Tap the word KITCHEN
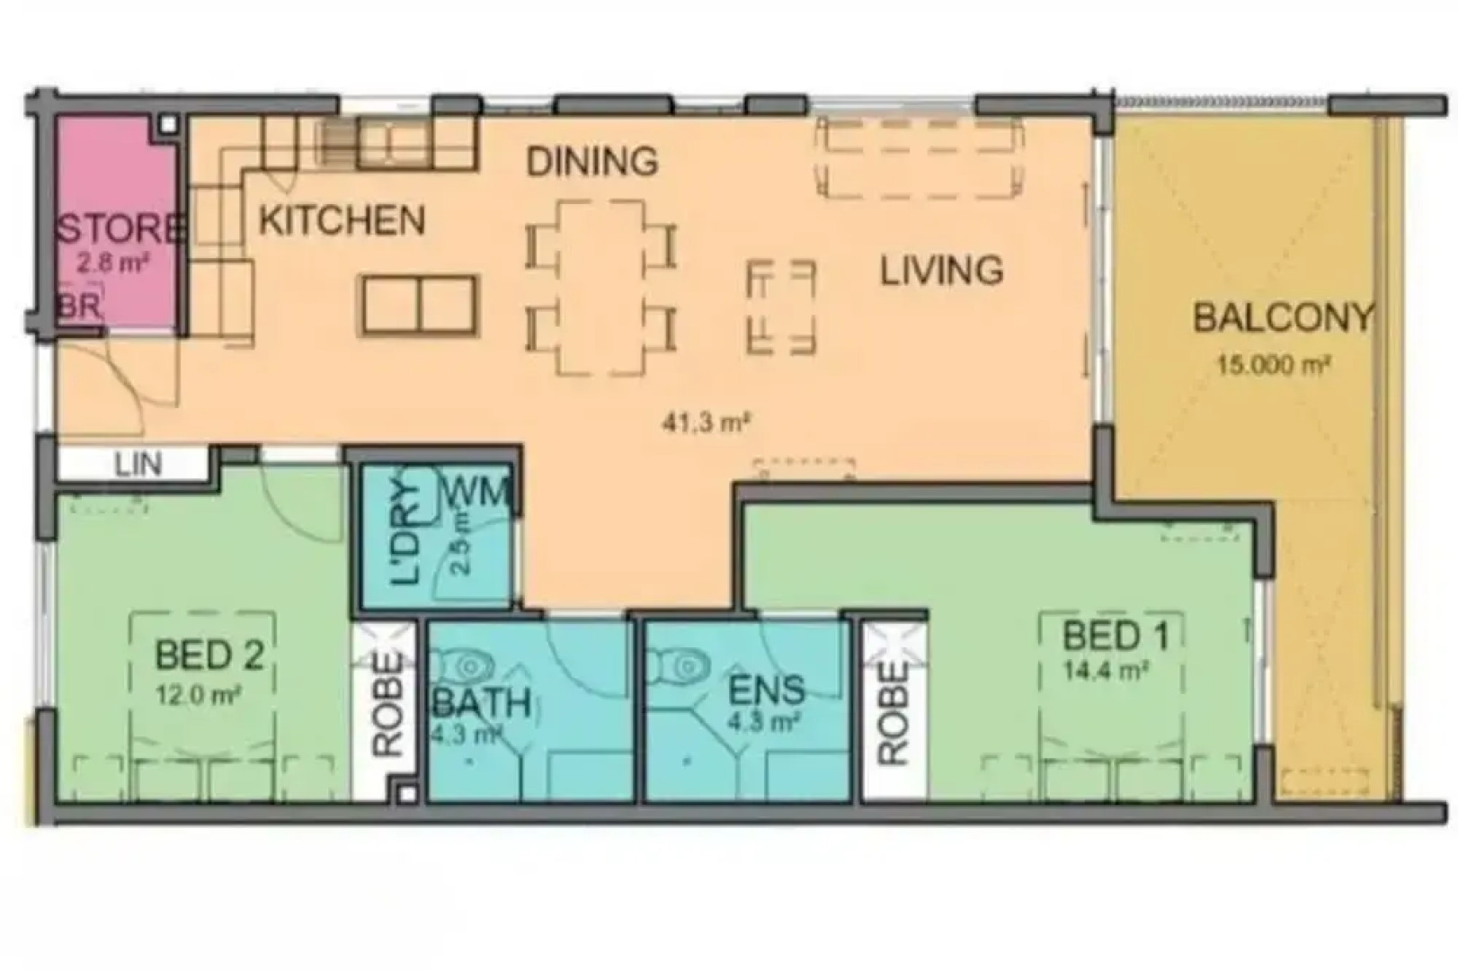coord(342,220)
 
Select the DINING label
coord(591,162)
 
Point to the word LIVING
coord(941,271)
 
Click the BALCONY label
coord(1283,318)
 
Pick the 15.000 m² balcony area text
coord(1273,365)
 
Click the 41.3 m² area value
coord(706,422)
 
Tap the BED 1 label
coord(1116,637)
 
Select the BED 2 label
coord(209,655)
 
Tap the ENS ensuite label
coord(766,690)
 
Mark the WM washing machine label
coord(477,492)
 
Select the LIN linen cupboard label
coord(138,465)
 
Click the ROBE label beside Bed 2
coord(387,703)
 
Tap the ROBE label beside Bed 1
coord(893,713)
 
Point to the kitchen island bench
coord(419,306)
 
